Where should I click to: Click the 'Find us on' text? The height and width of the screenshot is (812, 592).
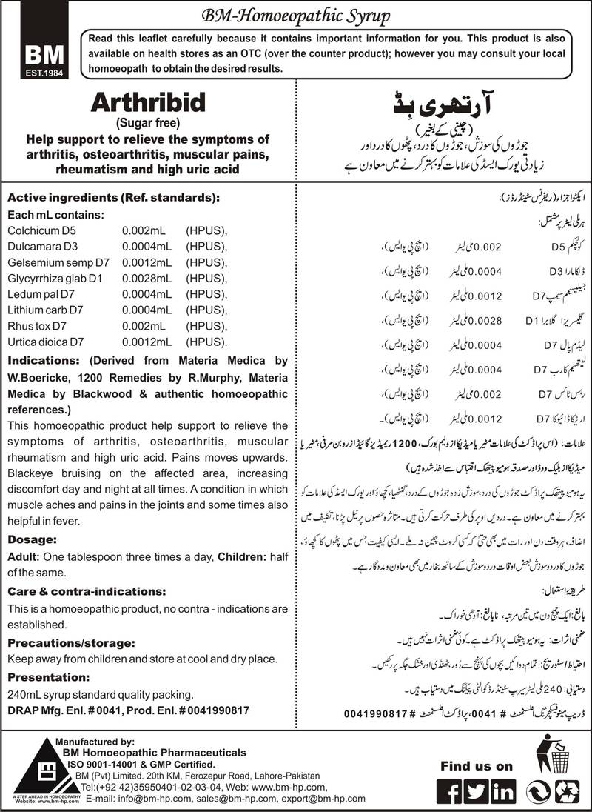[477, 766]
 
